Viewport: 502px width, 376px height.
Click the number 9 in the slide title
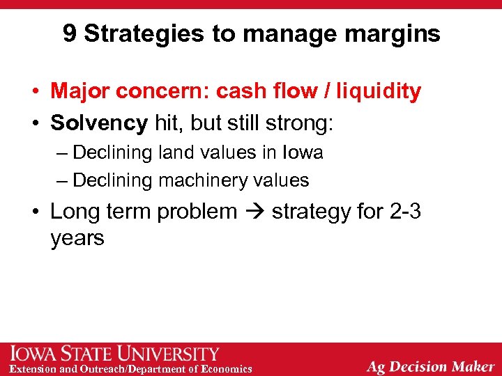coord(70,33)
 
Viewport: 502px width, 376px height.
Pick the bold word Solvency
coord(99,124)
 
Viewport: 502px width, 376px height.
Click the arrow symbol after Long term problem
coord(254,212)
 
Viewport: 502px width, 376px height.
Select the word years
coord(77,238)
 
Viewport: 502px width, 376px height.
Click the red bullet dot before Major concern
coord(33,92)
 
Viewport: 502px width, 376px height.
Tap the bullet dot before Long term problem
coord(33,212)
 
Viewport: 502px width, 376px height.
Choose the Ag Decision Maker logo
coord(431,366)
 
